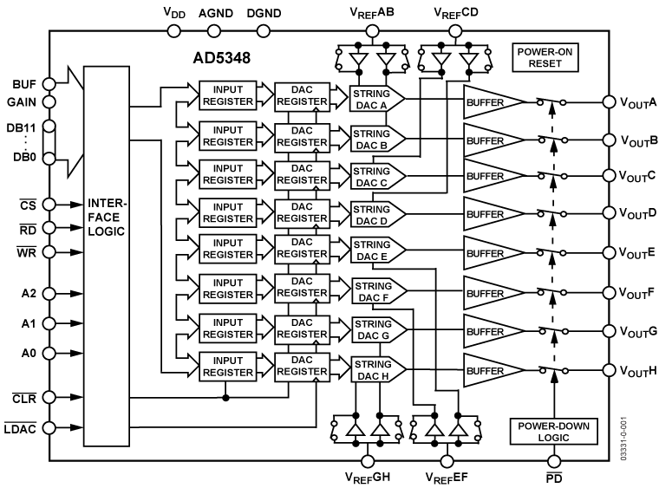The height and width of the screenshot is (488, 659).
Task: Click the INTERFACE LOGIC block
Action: click(108, 255)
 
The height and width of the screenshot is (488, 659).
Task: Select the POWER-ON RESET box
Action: click(542, 58)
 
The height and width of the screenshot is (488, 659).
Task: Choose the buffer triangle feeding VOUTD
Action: click(493, 212)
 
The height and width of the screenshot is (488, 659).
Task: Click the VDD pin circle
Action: click(173, 31)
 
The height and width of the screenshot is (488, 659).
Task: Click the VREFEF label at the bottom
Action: click(447, 478)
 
